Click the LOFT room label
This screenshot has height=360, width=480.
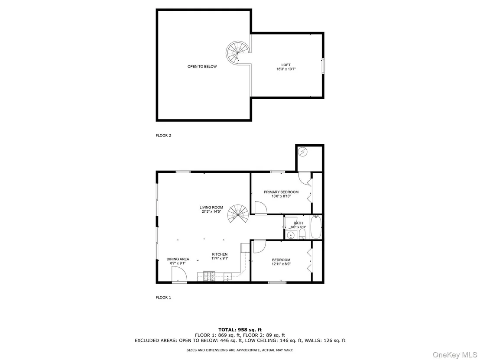coord(286,65)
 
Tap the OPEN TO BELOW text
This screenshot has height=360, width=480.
coord(202,66)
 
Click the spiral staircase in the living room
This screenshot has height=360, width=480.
coord(238,214)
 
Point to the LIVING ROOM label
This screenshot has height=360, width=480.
coord(211,207)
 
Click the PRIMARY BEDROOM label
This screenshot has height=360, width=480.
coord(281,192)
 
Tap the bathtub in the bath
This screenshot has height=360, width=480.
coord(316,227)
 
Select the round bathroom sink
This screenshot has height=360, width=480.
coord(291,235)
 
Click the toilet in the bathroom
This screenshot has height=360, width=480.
coord(302,234)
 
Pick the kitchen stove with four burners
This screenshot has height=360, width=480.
coord(209,276)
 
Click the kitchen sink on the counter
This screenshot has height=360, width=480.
coord(227,276)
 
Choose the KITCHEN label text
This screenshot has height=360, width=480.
coord(220,254)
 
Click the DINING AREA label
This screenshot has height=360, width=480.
coord(178,259)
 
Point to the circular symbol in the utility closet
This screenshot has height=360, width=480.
coord(303,152)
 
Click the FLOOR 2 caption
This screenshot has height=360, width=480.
coord(163,135)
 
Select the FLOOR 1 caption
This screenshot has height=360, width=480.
coord(163,297)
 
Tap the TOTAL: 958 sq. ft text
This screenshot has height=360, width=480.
coord(240,330)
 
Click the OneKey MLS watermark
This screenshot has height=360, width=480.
coord(455,355)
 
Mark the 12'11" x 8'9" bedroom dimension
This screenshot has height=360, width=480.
coord(281,264)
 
